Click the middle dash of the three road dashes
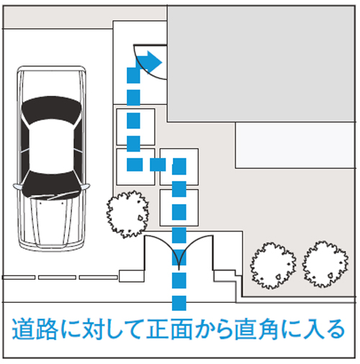58,277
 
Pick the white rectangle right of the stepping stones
295,144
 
